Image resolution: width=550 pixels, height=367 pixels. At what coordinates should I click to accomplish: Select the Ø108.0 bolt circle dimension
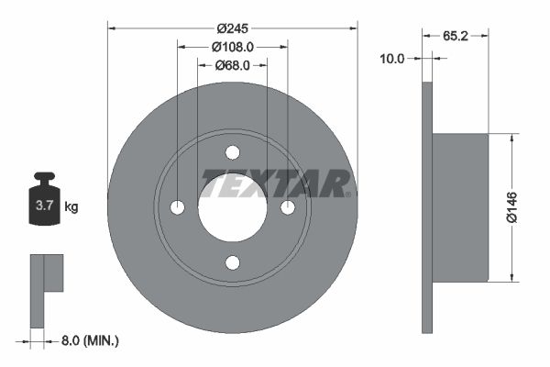point(232,46)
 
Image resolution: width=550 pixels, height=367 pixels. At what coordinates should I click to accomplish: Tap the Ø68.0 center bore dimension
point(233,65)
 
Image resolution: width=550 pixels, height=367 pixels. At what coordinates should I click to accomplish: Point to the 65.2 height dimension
point(456,36)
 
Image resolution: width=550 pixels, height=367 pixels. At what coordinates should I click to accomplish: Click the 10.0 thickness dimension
point(392,58)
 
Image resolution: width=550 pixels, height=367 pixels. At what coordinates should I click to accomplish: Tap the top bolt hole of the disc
point(232,152)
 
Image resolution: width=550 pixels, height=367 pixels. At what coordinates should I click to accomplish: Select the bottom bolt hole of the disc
point(232,263)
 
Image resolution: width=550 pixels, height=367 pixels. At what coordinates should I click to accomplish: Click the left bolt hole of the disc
point(177,207)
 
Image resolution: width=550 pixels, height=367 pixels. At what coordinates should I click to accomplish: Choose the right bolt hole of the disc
point(288,207)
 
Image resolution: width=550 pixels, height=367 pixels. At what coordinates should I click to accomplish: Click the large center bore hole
point(232,207)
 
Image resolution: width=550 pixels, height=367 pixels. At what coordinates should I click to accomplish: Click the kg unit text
point(71,207)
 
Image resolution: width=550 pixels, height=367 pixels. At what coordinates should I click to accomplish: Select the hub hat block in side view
point(460,207)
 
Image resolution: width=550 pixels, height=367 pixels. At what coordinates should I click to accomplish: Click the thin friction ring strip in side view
point(426,207)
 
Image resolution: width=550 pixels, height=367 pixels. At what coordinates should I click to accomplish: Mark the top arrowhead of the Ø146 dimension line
point(510,138)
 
